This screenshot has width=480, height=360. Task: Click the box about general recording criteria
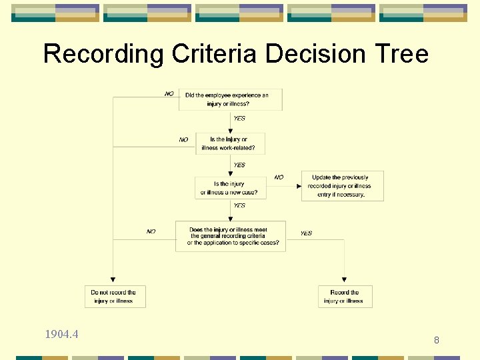click(x=230, y=236)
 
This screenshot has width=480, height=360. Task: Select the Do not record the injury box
click(x=114, y=296)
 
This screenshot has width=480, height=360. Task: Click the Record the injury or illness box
click(x=344, y=296)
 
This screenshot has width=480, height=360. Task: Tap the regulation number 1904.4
click(x=61, y=334)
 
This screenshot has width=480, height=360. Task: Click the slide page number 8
click(x=437, y=341)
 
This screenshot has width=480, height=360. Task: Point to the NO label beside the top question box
click(x=169, y=94)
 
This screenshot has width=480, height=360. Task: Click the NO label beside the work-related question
click(x=183, y=140)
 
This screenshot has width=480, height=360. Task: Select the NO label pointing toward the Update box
click(x=279, y=177)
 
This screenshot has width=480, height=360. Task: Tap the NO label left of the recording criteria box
click(x=151, y=231)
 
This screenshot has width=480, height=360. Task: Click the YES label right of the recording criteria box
click(x=306, y=233)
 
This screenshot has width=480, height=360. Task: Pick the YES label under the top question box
click(x=239, y=119)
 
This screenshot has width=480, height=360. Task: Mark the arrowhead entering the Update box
click(x=299, y=186)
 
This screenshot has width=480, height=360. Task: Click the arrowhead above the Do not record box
click(x=113, y=279)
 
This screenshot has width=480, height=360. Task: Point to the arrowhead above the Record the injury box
click(x=344, y=279)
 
